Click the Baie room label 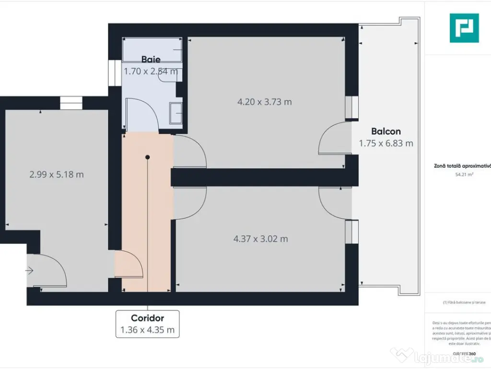click(x=151, y=60)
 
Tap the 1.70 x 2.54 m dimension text click(x=151, y=72)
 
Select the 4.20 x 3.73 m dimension click(x=265, y=102)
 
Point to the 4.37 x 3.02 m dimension click(x=261, y=239)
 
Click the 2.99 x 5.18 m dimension click(x=57, y=174)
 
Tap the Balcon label click(x=386, y=131)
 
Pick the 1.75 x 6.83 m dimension click(x=386, y=143)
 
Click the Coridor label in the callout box click(x=148, y=318)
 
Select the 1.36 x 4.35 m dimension click(x=148, y=330)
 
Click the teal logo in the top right click(x=464, y=28)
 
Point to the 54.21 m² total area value click(x=464, y=175)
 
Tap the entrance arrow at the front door click(x=29, y=271)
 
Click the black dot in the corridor click(x=148, y=157)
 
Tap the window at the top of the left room click(x=71, y=103)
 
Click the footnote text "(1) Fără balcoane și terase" click(x=464, y=302)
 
